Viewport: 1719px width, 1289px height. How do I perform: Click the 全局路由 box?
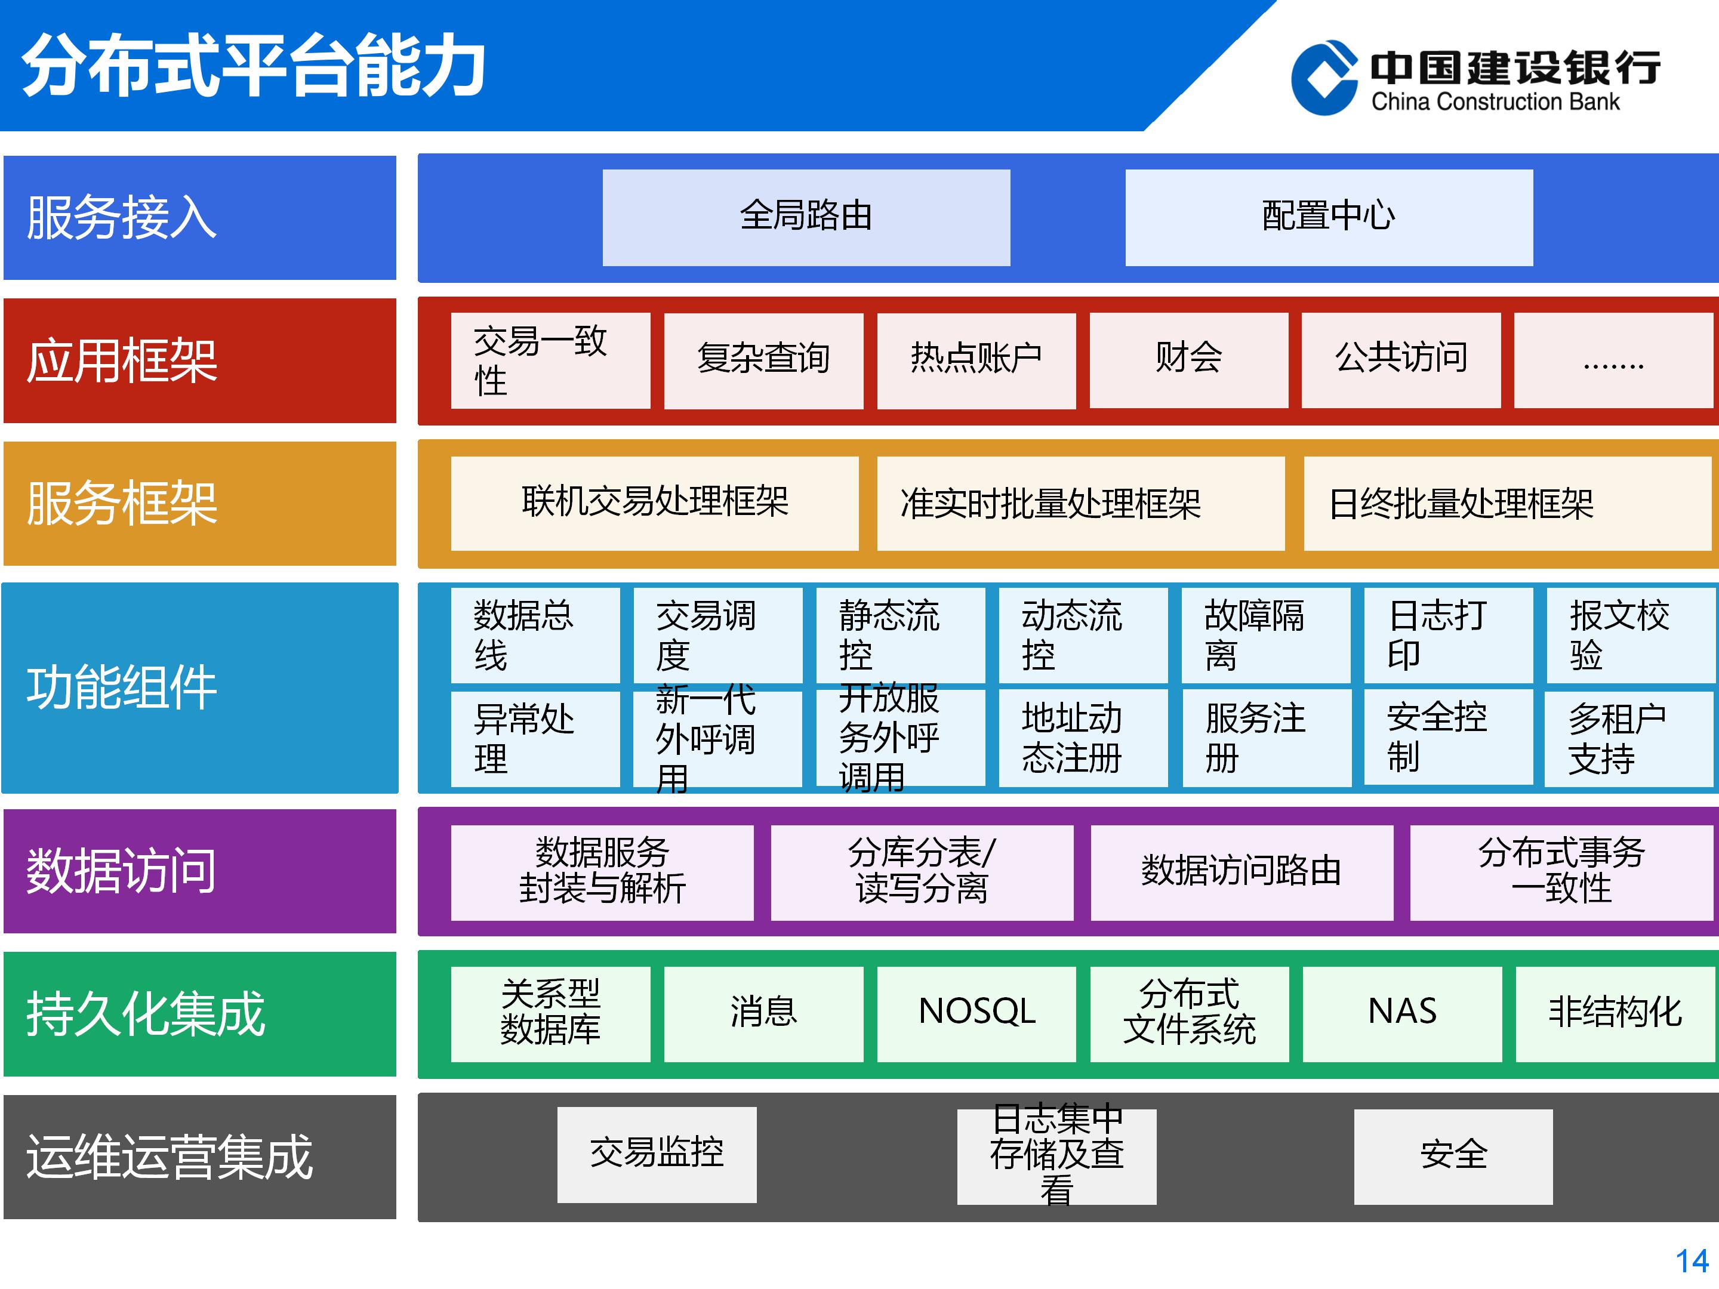806,218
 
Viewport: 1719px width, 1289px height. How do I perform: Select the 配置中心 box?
1329,218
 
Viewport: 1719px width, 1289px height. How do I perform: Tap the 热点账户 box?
976,360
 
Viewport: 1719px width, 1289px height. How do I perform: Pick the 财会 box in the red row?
1189,360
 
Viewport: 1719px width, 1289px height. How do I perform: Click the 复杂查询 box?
764,360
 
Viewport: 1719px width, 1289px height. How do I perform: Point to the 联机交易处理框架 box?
654,504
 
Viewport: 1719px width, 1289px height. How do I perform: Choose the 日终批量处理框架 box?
1508,504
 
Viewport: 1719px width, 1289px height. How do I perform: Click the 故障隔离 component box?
1266,635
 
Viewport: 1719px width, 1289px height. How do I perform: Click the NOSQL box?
976,1014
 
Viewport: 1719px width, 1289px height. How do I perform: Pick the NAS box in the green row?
1402,1014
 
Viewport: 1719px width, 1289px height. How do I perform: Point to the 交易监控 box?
657,1155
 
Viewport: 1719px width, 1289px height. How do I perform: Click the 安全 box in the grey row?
1453,1156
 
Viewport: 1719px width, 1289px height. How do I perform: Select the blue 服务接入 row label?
200,218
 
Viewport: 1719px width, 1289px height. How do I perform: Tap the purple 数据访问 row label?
200,871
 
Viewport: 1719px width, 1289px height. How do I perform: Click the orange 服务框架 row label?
200,504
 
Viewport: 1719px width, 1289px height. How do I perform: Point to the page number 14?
1692,1261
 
